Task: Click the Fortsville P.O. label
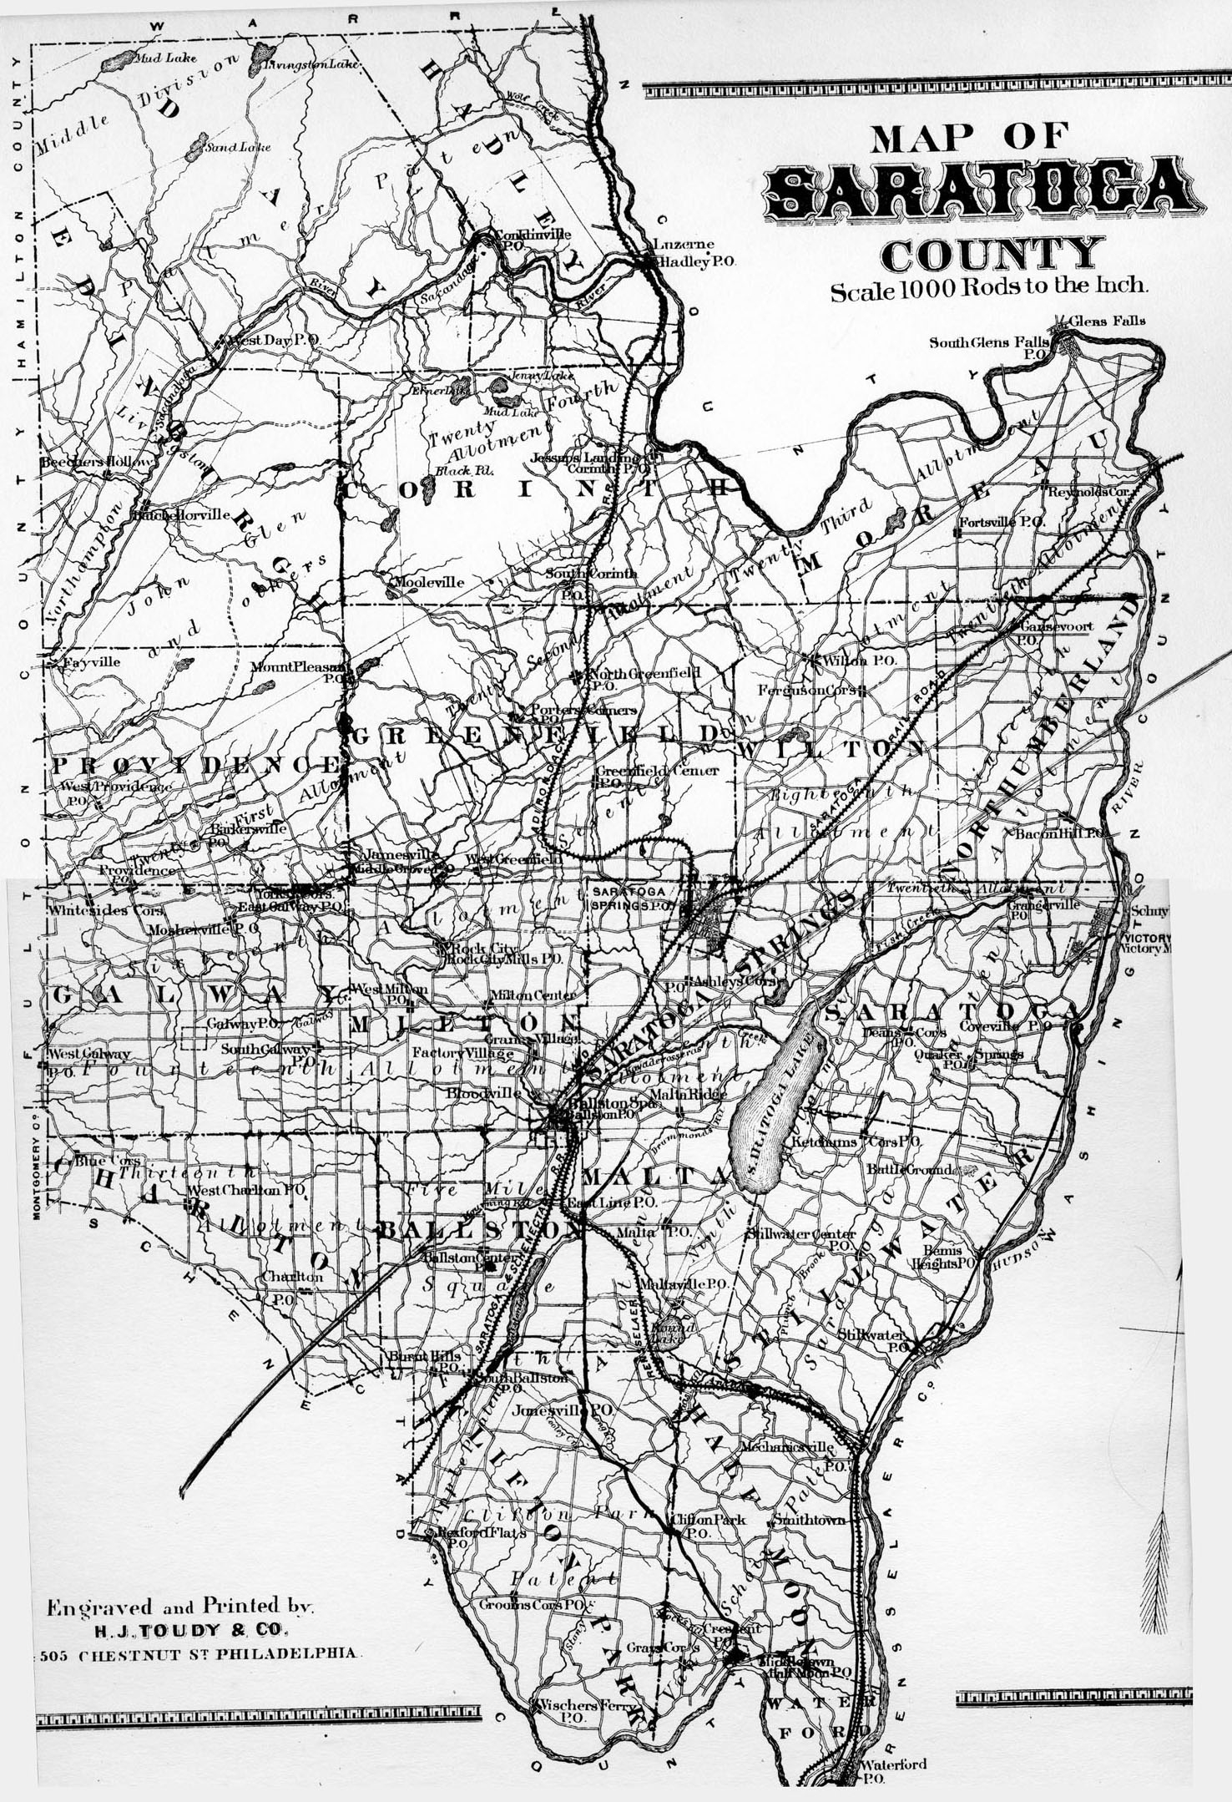[x=1002, y=522]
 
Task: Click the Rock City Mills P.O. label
[x=505, y=959]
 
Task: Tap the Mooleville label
[x=428, y=582]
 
